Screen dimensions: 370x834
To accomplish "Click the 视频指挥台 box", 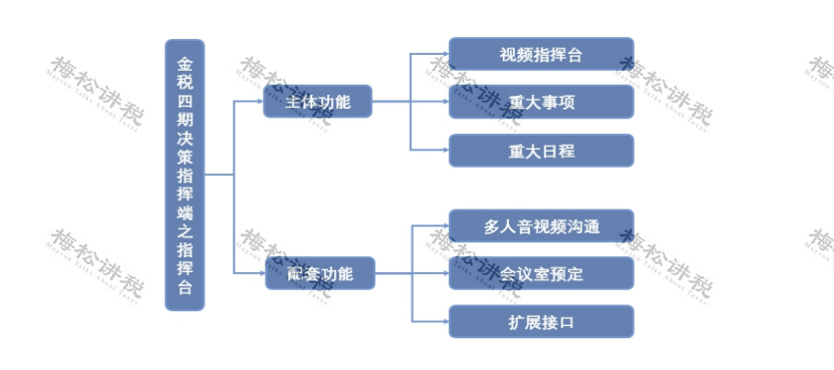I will tap(541, 54).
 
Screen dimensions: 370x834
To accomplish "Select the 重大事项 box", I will tap(541, 102).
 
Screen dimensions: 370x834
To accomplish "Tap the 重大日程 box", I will tap(541, 151).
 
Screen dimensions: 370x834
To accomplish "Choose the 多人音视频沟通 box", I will tap(541, 225).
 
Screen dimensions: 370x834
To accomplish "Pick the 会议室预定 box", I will tap(541, 273).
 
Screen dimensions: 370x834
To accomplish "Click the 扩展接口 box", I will tap(541, 322).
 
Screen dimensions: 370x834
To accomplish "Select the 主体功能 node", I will tap(318, 102).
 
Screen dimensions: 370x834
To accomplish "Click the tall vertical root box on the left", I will tap(185, 175).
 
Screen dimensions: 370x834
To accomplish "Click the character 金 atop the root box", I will tap(185, 62).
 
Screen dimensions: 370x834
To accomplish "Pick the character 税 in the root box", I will tap(185, 82).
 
